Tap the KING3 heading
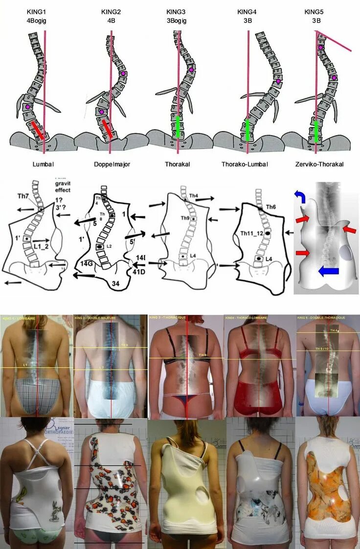click(176, 11)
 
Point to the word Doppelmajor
click(112, 164)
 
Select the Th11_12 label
click(252, 234)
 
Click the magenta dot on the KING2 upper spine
click(123, 73)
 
